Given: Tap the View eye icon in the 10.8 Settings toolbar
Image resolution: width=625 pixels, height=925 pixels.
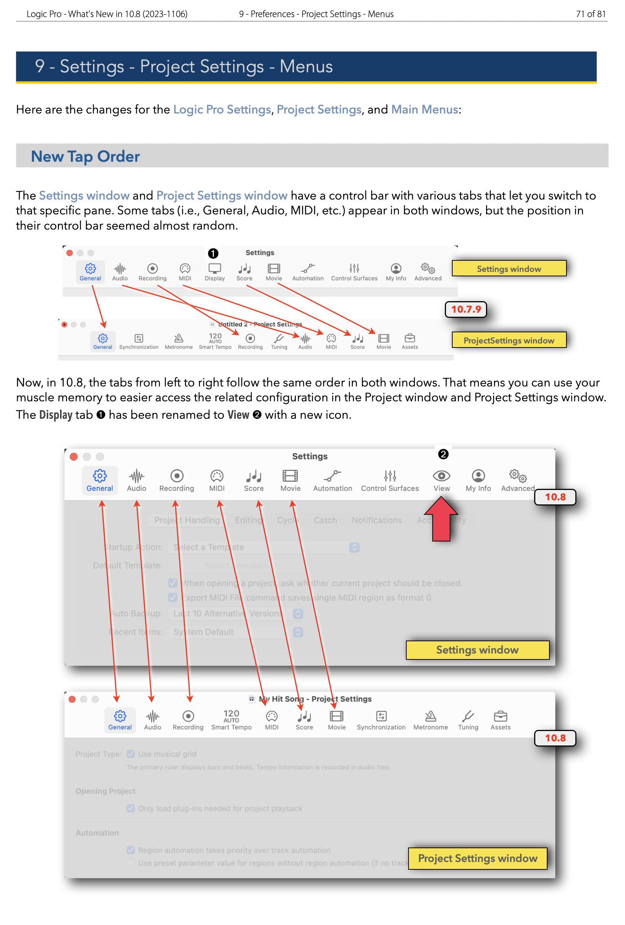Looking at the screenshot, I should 441,475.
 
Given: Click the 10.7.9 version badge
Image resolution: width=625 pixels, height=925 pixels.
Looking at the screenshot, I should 466,309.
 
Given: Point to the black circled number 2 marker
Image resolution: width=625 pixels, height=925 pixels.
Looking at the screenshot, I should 443,454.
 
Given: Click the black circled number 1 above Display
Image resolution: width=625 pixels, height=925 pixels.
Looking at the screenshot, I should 213,253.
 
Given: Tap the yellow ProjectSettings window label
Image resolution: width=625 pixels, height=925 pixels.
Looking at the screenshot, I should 509,340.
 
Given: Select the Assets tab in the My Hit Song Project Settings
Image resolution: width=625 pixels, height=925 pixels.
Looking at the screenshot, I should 500,720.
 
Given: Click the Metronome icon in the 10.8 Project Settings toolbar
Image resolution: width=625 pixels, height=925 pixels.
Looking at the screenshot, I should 430,717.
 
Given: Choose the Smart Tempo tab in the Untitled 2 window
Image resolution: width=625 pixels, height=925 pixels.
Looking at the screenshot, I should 215,341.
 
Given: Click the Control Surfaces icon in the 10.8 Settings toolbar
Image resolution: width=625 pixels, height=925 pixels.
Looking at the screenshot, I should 390,475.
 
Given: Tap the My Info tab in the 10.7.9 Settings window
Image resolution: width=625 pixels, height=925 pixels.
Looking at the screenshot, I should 396,272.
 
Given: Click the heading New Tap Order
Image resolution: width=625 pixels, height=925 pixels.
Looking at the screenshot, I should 86,157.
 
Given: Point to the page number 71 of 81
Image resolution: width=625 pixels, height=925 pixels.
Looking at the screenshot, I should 591,14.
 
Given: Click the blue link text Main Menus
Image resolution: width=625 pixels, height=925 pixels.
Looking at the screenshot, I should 424,109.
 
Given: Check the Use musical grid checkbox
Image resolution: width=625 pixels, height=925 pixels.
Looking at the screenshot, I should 130,754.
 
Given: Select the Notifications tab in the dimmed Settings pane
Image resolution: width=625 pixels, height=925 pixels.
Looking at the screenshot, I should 376,520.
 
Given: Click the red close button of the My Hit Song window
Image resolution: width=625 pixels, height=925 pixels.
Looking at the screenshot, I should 72,699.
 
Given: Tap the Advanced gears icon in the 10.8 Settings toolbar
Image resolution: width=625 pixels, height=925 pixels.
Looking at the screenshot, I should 517,475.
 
